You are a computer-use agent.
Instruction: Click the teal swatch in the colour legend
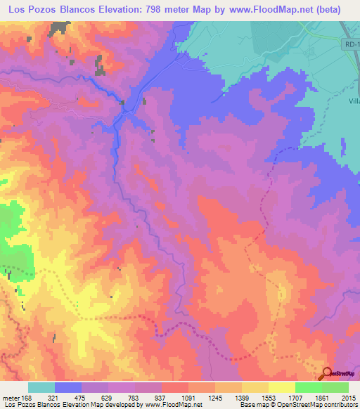point(41,387)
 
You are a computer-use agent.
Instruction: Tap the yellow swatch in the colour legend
point(281,387)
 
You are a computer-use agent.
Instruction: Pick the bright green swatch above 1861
point(308,387)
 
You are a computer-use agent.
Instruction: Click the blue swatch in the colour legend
point(67,387)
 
